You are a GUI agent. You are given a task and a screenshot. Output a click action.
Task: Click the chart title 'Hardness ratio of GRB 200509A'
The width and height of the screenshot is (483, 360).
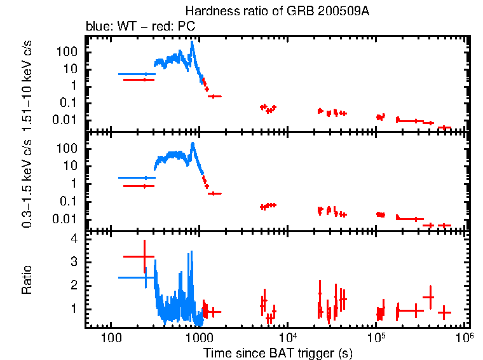tap(276, 11)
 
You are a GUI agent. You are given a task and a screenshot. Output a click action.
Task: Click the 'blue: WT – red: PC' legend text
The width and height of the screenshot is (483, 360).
tap(140, 27)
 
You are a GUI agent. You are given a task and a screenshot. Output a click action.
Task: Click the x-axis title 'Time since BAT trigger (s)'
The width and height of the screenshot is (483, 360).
tap(277, 352)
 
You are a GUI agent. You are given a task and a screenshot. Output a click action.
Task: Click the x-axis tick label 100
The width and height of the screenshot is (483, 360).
tap(111, 338)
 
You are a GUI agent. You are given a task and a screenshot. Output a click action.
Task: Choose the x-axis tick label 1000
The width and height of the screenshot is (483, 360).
tap(200, 338)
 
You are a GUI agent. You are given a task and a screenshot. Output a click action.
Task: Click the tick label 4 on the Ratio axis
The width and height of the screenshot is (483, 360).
tap(74, 239)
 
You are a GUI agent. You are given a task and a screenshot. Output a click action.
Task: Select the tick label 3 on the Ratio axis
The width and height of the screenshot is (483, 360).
tap(74, 262)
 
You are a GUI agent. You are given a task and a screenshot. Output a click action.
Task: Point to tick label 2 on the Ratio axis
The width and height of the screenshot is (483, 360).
tap(74, 286)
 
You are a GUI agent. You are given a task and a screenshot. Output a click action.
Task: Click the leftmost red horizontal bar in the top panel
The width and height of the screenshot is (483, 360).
tap(139, 80)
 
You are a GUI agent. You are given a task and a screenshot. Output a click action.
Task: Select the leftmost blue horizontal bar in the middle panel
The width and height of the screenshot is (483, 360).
tap(136, 178)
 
